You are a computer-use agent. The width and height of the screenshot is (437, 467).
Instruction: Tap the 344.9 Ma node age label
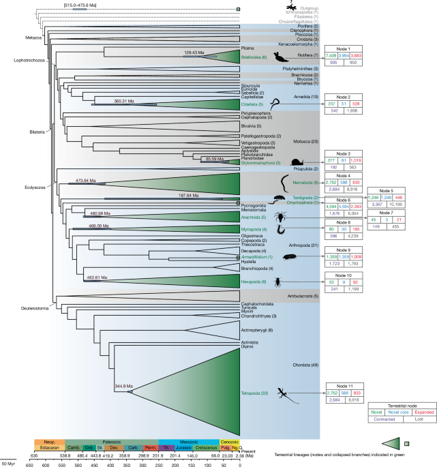[124, 386]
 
